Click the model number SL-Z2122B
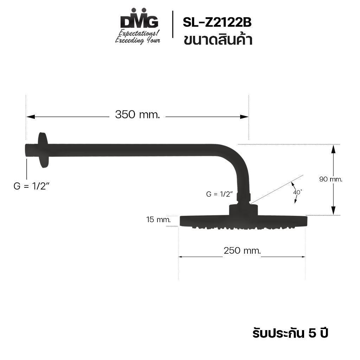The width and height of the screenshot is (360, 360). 217,22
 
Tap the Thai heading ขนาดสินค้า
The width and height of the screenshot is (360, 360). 218,39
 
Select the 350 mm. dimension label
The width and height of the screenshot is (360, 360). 137,114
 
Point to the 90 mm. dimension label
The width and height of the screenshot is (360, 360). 330,179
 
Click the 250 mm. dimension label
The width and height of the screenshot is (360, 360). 242,250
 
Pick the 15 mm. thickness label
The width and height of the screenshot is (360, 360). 159,219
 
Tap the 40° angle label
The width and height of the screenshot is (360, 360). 297,192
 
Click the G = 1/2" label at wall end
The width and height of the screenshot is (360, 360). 31,186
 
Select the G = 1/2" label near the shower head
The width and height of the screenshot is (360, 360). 219,194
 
